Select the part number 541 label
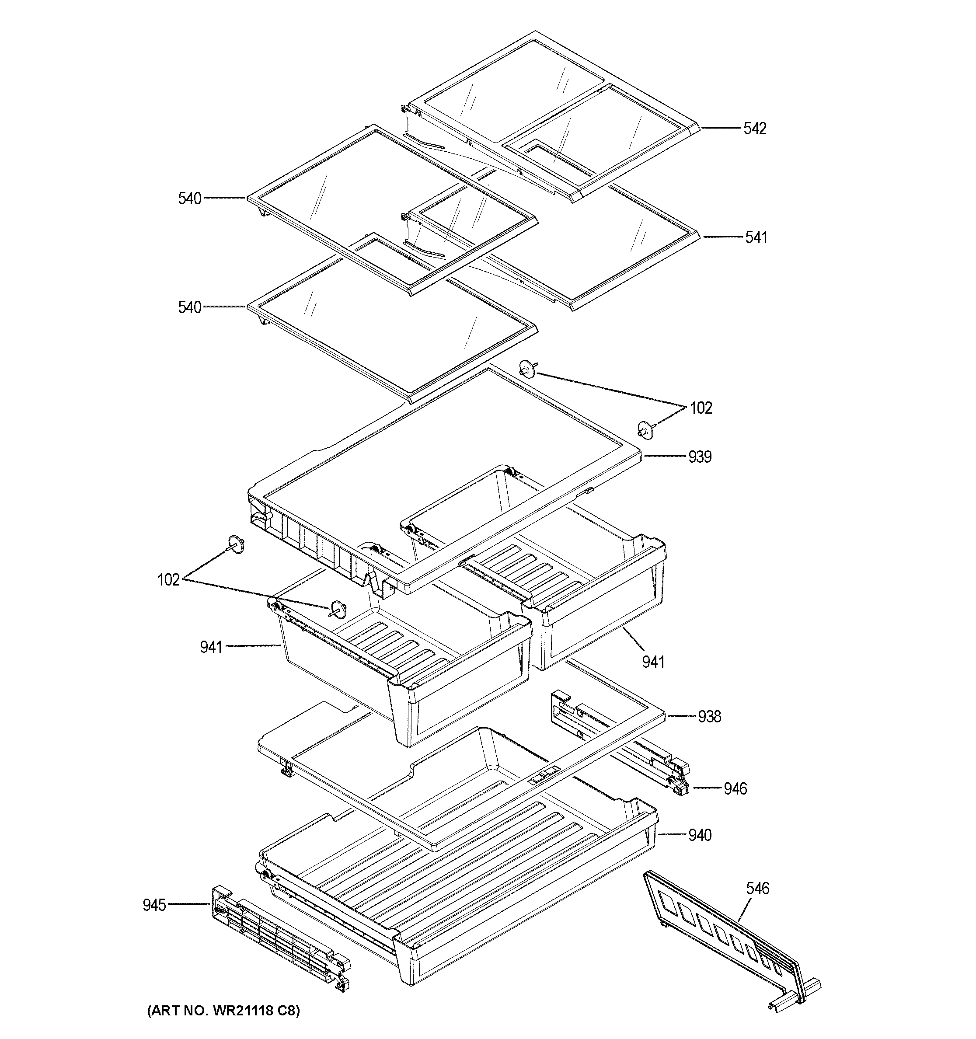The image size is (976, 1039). click(756, 238)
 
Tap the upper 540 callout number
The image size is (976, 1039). click(190, 199)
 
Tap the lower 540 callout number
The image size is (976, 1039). click(190, 307)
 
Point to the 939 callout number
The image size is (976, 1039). click(699, 457)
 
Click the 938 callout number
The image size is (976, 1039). click(709, 717)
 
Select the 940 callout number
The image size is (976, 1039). click(699, 835)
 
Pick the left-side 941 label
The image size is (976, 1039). click(211, 648)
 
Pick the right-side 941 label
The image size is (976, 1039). click(653, 662)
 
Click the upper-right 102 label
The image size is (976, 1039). click(701, 408)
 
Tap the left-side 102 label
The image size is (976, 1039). click(169, 579)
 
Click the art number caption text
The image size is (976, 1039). click(223, 1011)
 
